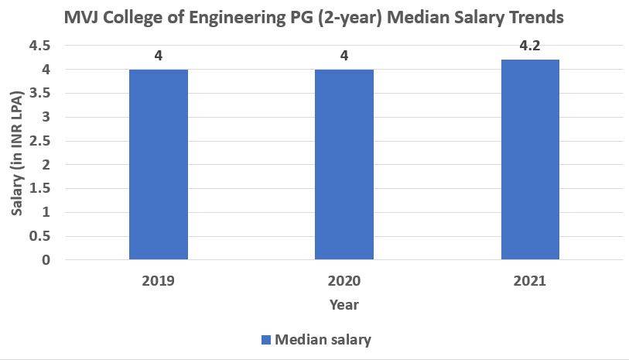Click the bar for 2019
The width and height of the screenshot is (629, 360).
(158, 164)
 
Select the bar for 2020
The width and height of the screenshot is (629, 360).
(344, 164)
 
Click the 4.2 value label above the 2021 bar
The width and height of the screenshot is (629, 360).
(530, 45)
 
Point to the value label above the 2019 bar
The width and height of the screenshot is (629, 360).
(158, 55)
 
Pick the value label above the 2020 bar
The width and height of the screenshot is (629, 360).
(344, 55)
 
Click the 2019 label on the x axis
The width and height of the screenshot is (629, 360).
(158, 280)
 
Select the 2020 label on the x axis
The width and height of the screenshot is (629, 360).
(344, 280)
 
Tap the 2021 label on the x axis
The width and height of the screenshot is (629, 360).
(530, 280)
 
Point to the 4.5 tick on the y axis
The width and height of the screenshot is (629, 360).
(39, 46)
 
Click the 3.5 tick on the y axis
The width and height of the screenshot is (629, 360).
(39, 94)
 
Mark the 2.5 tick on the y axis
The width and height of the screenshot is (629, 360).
(39, 141)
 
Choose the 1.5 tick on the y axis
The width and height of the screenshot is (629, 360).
(39, 189)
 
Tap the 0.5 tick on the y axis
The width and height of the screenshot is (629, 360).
(39, 236)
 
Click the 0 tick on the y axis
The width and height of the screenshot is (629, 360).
(46, 260)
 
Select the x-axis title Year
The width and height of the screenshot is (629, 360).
(344, 304)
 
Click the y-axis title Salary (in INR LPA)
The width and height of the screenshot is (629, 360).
(16, 153)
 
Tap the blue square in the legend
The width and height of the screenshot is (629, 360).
(266, 339)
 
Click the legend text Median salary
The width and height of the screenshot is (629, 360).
(323, 339)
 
